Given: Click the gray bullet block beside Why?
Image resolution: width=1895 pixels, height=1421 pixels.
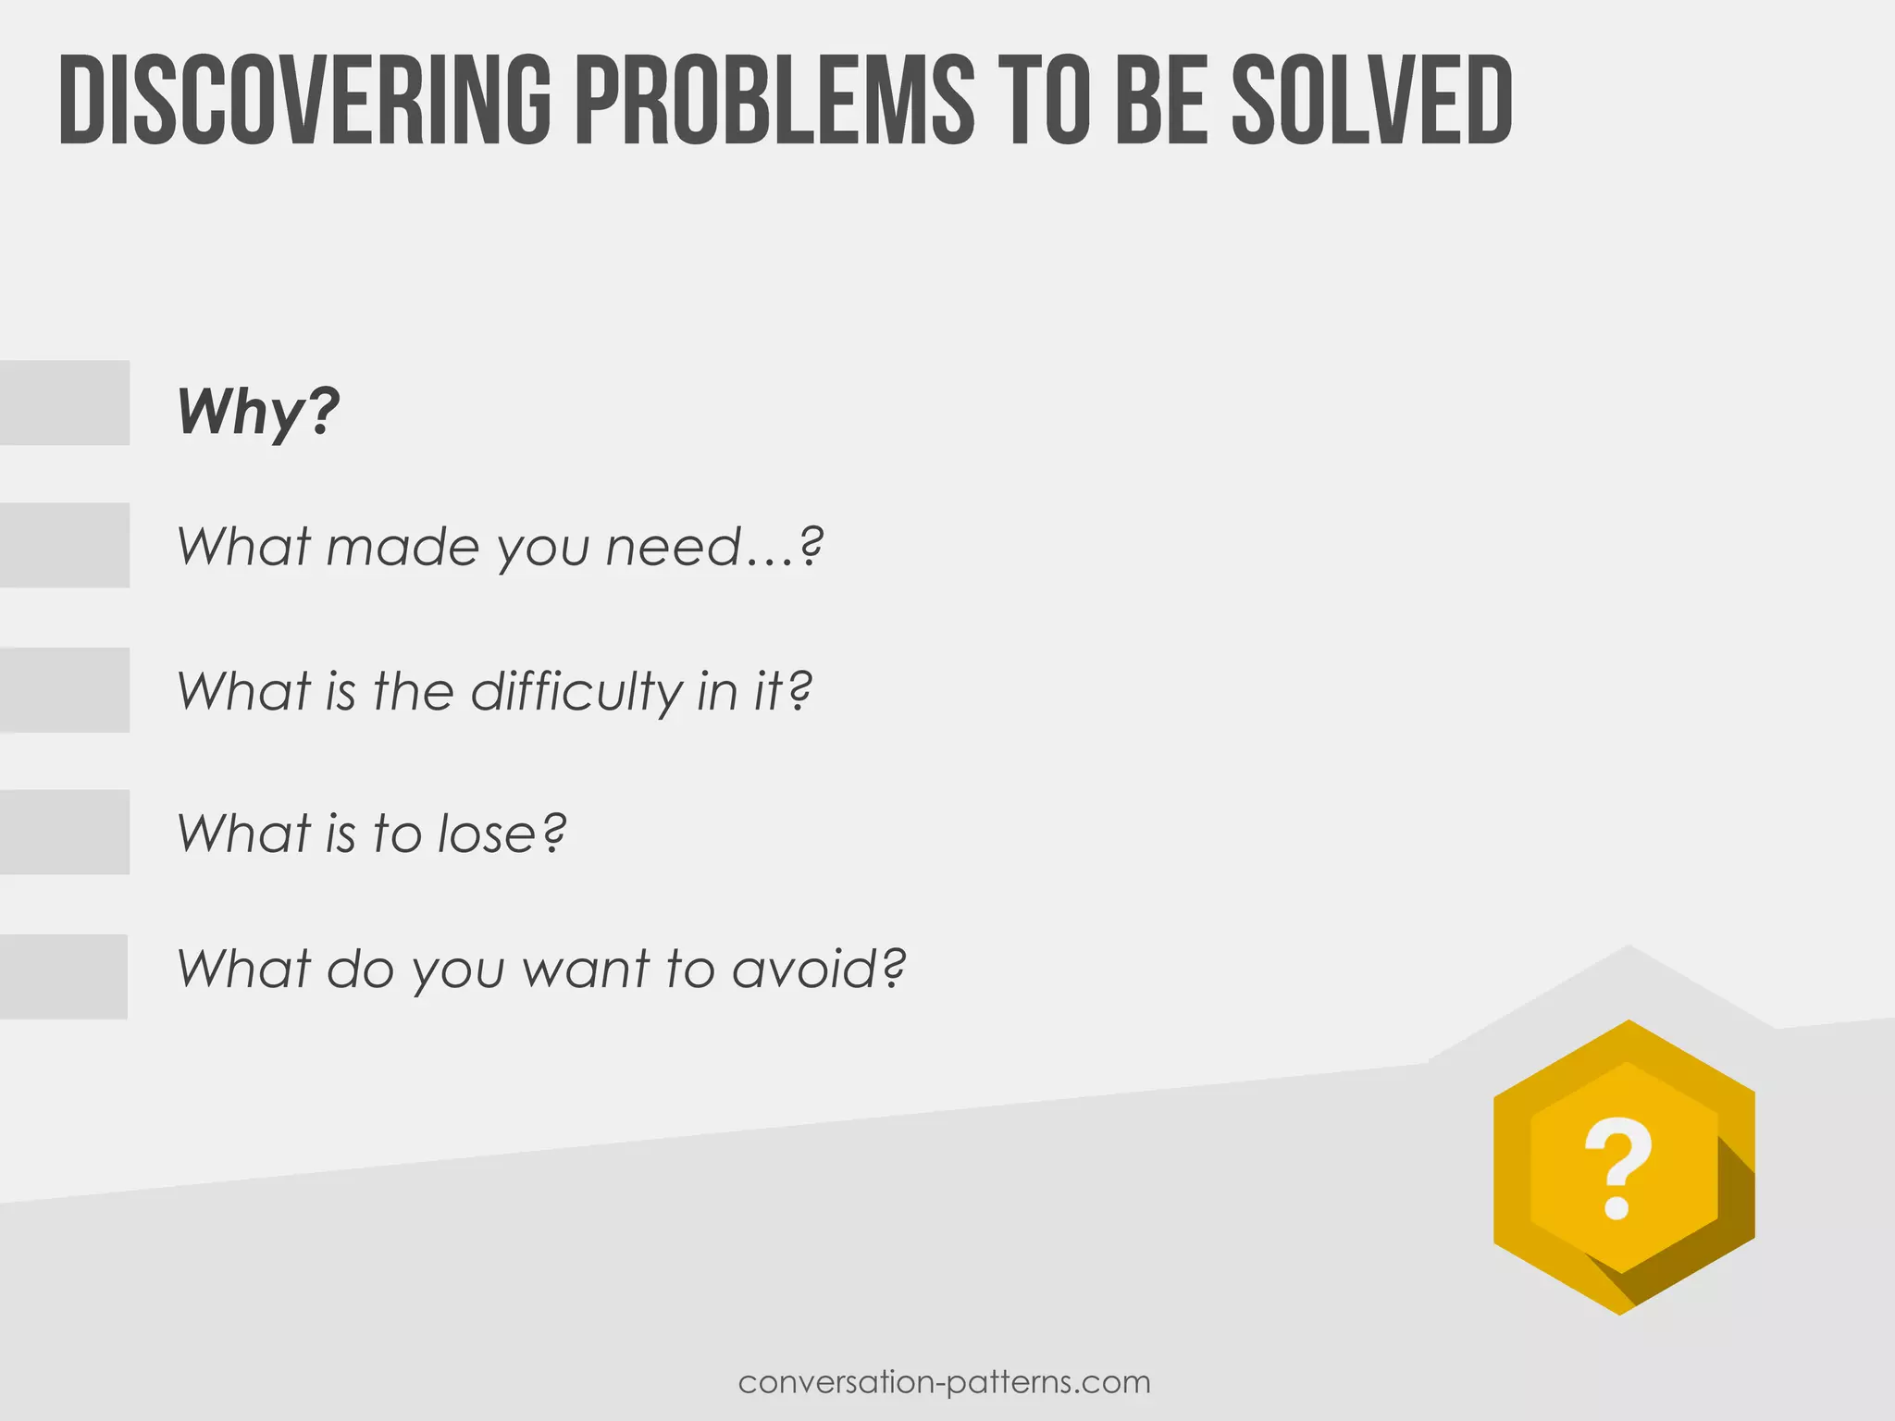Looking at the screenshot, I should point(64,402).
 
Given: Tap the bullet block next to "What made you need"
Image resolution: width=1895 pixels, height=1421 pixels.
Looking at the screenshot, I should point(64,545).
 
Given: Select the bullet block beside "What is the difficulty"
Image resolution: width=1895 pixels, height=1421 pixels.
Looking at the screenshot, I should point(64,690).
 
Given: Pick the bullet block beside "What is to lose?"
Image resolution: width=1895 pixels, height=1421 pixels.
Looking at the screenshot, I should point(64,832).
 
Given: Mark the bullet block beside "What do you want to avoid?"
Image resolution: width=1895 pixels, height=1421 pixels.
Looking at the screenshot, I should point(63,977).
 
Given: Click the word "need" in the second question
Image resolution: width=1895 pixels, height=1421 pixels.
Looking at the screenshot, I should point(675,547).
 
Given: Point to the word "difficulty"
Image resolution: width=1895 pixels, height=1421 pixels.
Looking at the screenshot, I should point(576,691).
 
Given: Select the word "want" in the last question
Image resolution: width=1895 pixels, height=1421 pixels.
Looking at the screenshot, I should point(586,970).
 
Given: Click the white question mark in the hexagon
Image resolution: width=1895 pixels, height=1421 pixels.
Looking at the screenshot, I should point(1617,1168).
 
